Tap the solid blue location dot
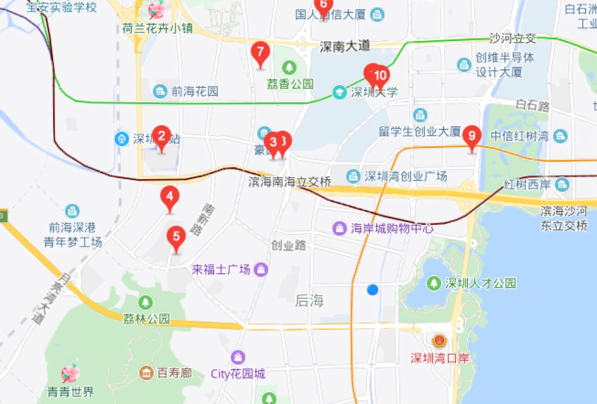[x=373, y=289]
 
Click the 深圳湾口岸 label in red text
[x=440, y=358]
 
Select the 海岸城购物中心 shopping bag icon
[x=340, y=228]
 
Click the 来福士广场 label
[x=221, y=270]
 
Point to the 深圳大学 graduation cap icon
[x=340, y=92]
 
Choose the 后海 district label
[x=309, y=301]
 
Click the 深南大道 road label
[x=345, y=46]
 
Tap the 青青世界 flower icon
[x=70, y=374]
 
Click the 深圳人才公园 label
[x=480, y=283]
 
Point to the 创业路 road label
[x=288, y=245]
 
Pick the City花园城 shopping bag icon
[x=238, y=357]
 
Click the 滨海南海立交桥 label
[x=290, y=182]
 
